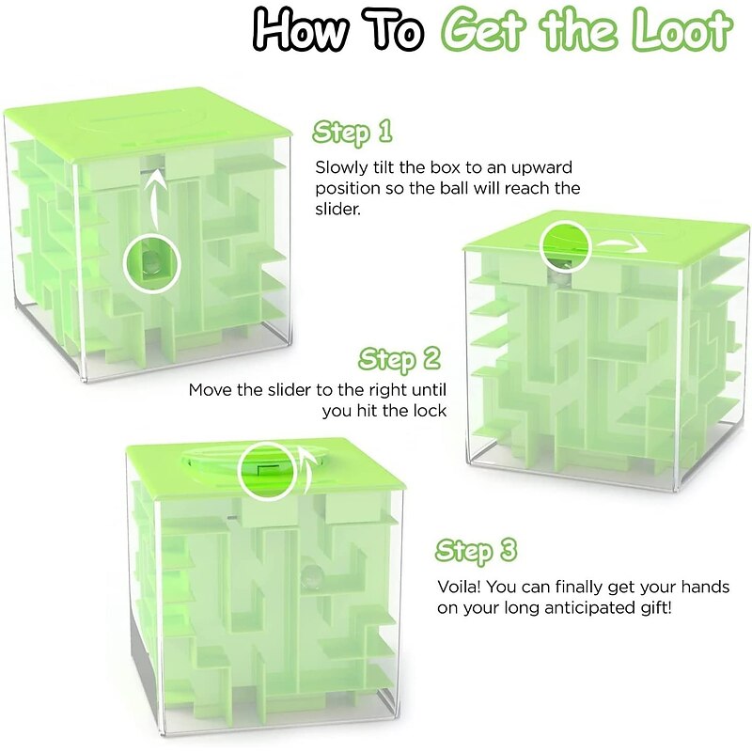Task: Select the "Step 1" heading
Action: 352,133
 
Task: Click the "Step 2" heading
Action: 399,359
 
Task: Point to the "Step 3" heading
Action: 478,551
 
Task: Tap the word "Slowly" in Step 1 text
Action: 339,167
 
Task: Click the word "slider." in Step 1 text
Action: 337,210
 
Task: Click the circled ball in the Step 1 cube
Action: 149,261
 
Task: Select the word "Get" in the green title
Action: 485,32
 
